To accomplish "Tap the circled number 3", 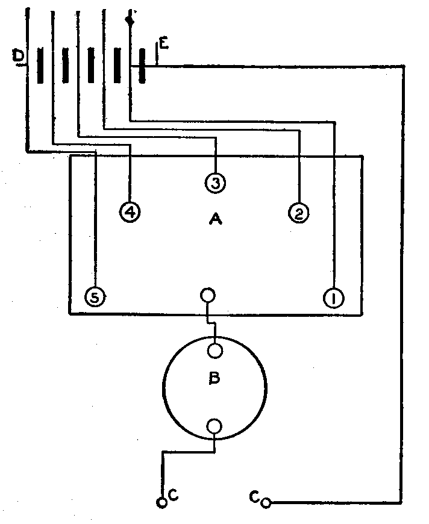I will point(215,182).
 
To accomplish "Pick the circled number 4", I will point(130,211).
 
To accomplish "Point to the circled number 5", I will point(95,297).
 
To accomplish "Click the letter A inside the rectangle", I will point(214,220).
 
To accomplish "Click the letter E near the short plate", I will point(163,43).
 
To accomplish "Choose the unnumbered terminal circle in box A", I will point(208,296).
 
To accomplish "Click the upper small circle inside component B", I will point(215,350).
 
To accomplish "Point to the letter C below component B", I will point(173,495).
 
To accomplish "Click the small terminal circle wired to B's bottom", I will point(161,502).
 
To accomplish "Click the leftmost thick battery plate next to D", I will point(40,66).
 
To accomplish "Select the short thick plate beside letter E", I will point(142,66).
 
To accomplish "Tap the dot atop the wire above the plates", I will point(129,20).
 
